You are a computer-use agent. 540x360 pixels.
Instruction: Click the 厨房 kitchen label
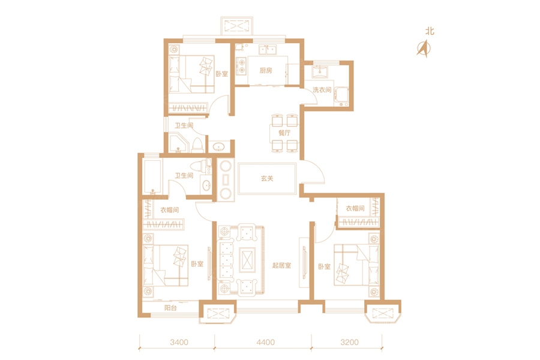pyautogui.click(x=266, y=70)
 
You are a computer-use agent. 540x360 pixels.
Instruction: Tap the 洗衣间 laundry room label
pyautogui.click(x=322, y=90)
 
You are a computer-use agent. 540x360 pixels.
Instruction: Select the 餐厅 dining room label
pyautogui.click(x=284, y=133)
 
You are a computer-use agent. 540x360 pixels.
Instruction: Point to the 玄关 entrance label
pyautogui.click(x=267, y=178)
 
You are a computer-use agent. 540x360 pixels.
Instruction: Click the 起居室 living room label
pyautogui.click(x=282, y=265)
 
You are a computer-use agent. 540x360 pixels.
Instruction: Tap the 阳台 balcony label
pyautogui.click(x=170, y=308)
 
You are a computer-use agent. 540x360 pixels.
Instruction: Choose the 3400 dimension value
pyautogui.click(x=179, y=342)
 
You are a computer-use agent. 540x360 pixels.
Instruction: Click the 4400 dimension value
pyautogui.click(x=266, y=342)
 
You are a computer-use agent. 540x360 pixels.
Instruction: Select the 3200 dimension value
pyautogui.click(x=349, y=342)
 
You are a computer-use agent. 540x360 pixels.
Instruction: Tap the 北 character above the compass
pyautogui.click(x=430, y=31)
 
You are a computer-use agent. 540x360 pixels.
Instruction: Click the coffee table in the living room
pyautogui.click(x=248, y=257)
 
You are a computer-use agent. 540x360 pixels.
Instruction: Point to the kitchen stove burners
pyautogui.click(x=242, y=66)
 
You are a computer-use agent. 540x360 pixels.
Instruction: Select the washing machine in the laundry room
pyautogui.click(x=341, y=97)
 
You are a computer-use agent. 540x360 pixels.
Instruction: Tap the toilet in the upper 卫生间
pyautogui.click(x=197, y=145)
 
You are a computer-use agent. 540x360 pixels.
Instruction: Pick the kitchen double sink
pyautogui.click(x=268, y=50)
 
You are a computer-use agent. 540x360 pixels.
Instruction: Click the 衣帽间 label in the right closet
pyautogui.click(x=355, y=208)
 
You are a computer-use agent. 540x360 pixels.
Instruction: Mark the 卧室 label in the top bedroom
pyautogui.click(x=222, y=74)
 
